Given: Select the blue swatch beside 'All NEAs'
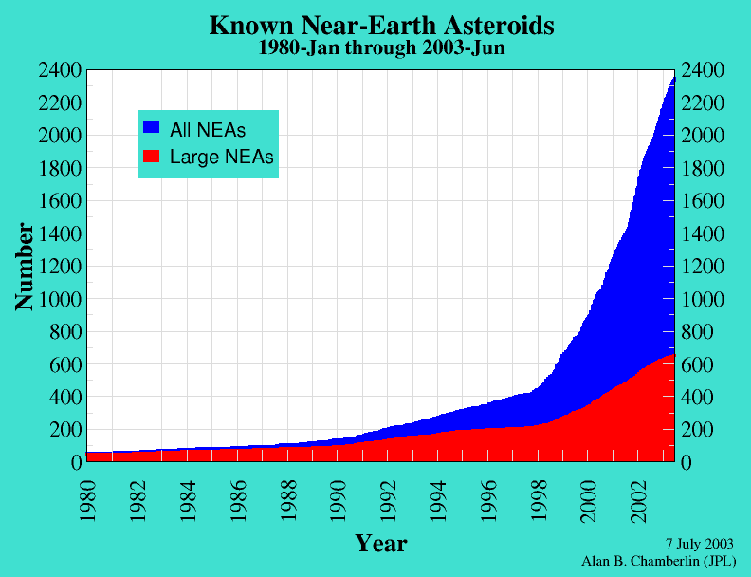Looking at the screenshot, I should (151, 126).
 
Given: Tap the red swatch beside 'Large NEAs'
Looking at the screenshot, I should (151, 156).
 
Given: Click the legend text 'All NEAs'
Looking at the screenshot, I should (208, 129).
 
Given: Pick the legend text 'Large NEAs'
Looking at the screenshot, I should (221, 158).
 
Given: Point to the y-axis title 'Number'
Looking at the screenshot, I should (25, 267).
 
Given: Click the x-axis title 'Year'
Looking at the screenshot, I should (381, 543).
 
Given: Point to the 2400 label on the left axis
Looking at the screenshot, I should (60, 70).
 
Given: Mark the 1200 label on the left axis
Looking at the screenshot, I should (60, 267).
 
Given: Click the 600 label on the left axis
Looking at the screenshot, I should (64, 364).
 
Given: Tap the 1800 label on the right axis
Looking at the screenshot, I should (704, 169).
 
